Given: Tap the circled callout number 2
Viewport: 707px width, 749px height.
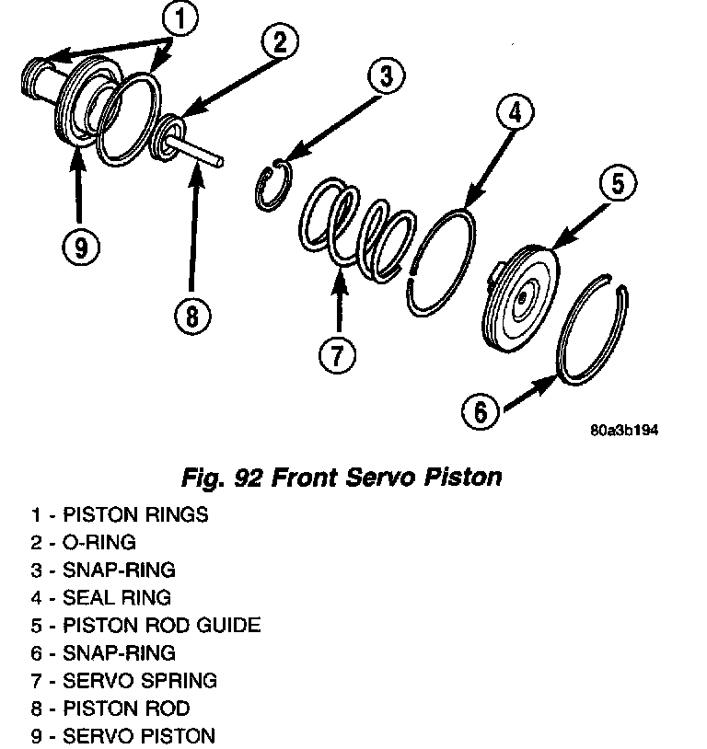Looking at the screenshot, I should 280,40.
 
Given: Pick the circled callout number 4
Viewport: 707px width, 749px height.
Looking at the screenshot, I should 514,113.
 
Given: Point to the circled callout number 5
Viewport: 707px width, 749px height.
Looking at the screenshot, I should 615,184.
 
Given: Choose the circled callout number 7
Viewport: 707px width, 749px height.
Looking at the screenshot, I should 338,354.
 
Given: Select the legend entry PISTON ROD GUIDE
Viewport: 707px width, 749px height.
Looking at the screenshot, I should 161,625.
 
